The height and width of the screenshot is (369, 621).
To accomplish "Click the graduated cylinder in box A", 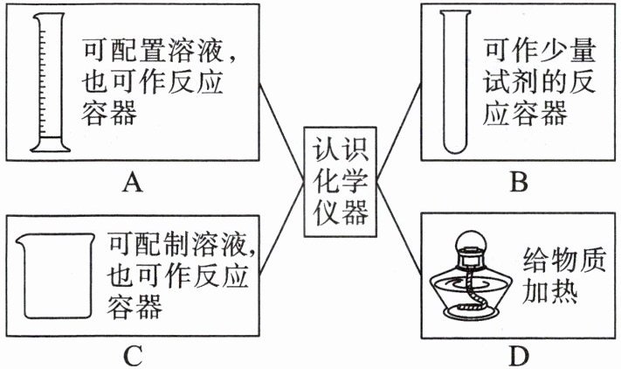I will click(x=48, y=83).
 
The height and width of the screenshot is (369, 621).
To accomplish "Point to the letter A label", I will click(x=133, y=182).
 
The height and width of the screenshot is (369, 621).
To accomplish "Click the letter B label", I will click(x=519, y=182).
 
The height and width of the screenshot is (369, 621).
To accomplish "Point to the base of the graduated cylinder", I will click(x=48, y=144).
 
